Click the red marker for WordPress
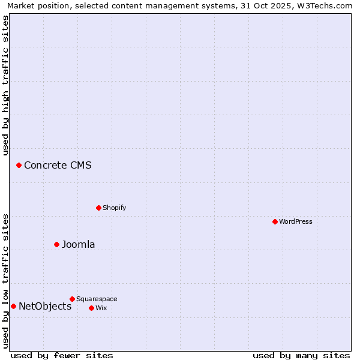275,221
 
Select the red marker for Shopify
98,208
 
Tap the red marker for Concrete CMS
19,165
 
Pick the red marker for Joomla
56,244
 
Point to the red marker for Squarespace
72,299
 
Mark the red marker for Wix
91,308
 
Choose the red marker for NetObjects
13,306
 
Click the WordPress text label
296,221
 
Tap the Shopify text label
114,208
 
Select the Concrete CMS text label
58,165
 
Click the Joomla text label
78,244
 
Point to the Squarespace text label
97,299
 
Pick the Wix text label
101,308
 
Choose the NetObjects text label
45,306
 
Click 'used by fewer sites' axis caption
62,355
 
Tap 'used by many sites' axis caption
301,355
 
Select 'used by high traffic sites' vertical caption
6,85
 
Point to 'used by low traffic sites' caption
6,280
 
